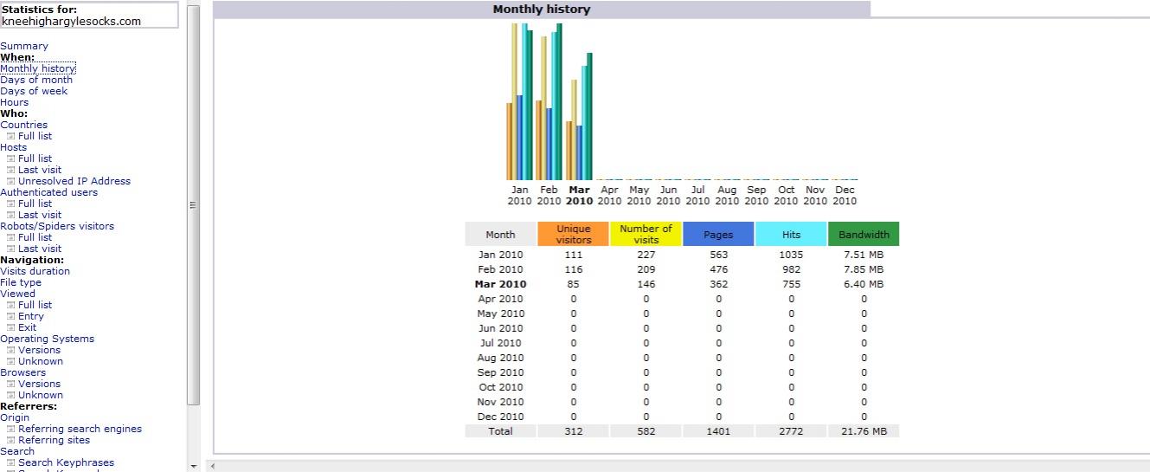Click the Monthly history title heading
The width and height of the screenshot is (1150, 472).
tap(541, 10)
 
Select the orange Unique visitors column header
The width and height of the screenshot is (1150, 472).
tap(573, 235)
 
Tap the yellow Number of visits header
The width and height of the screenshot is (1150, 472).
tap(646, 235)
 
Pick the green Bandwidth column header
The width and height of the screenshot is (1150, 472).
tap(864, 235)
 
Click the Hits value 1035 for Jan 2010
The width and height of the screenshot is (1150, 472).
tap(791, 255)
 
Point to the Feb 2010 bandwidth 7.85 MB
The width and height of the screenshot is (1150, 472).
tap(864, 269)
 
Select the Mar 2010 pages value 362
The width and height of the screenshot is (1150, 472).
tap(718, 284)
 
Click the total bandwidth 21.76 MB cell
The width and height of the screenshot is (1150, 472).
tap(864, 431)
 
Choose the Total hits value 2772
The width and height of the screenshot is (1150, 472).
tap(791, 431)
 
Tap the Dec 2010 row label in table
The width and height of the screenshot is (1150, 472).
tap(500, 417)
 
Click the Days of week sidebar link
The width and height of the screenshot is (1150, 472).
tap(34, 91)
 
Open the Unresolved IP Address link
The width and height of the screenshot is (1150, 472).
tap(74, 181)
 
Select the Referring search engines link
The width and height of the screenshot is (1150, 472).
tap(80, 429)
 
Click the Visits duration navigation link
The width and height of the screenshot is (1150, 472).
tap(35, 271)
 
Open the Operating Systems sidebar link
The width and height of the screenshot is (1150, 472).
tap(48, 339)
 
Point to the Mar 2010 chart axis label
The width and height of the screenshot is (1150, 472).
tap(579, 195)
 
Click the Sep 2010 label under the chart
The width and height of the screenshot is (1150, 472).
tap(756, 195)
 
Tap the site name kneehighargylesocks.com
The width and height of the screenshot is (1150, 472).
tap(71, 22)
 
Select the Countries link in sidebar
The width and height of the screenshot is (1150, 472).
tap(24, 125)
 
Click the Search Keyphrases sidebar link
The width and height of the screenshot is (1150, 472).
tap(66, 462)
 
